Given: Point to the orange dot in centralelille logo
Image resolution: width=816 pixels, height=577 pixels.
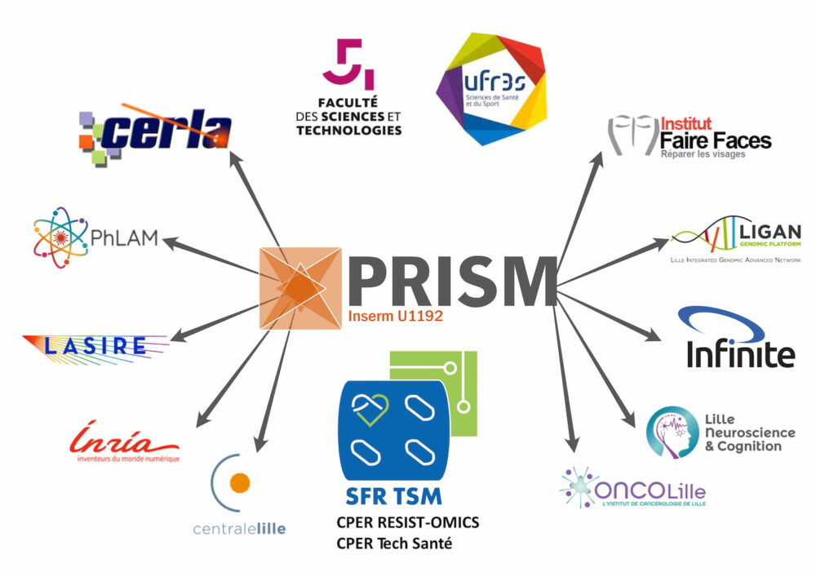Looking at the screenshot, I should pos(239,483).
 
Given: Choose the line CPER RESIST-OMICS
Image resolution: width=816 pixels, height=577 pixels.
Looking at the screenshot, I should pos(408,522).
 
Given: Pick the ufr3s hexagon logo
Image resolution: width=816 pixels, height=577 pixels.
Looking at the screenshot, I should pos(490,90).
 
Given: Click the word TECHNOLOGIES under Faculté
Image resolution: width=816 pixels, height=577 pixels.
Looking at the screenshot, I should pos(349,130).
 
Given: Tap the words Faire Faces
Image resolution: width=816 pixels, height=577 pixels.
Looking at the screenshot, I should pos(716,140).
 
